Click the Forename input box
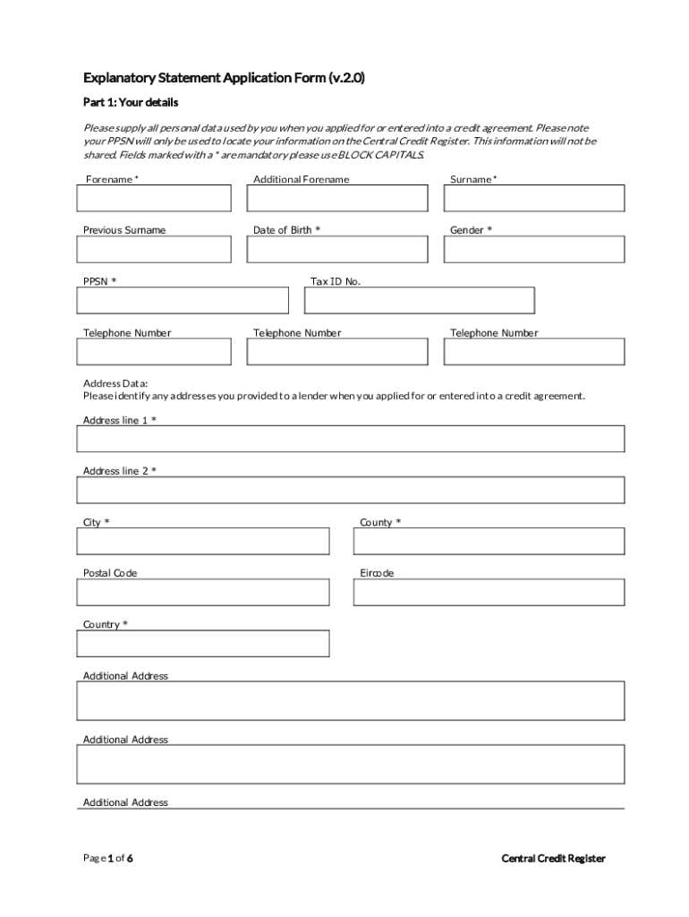tap(154, 198)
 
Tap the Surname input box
tap(534, 198)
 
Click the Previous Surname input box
tap(154, 250)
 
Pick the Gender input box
tap(534, 250)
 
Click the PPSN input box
tap(183, 301)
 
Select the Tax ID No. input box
tap(419, 301)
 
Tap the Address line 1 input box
tap(351, 439)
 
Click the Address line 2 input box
tap(351, 491)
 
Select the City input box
tap(203, 541)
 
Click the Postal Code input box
tap(203, 592)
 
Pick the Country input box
tap(203, 643)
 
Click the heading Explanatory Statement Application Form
tap(224, 79)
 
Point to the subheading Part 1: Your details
tap(131, 103)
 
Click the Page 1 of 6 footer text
tap(108, 859)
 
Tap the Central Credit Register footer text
tap(553, 859)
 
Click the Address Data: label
tap(115, 383)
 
